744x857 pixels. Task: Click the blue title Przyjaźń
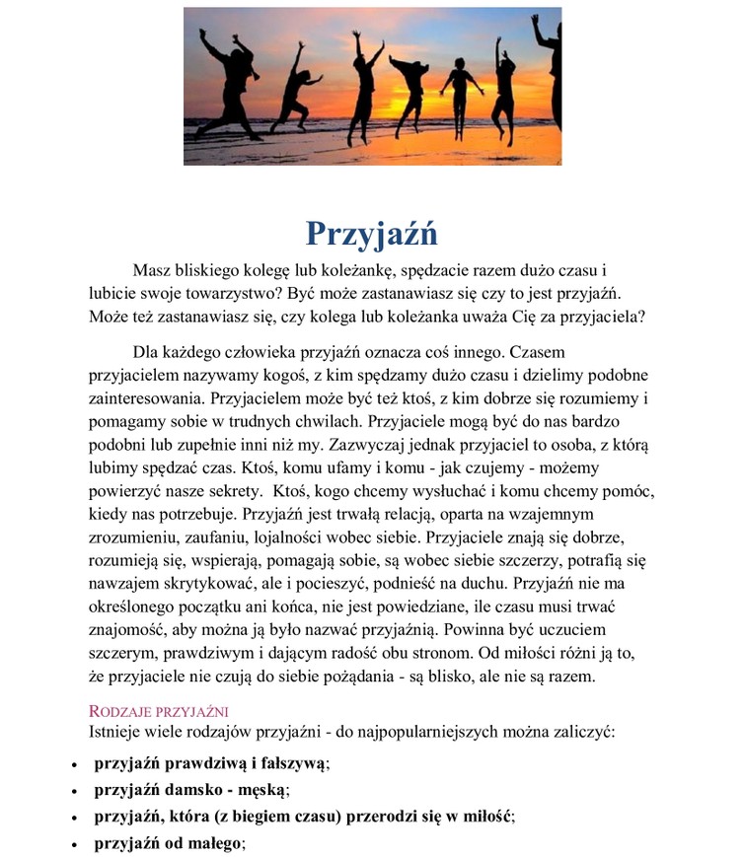pos(371,233)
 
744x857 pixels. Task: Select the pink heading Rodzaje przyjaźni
pos(159,711)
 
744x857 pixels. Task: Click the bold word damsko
pos(193,790)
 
